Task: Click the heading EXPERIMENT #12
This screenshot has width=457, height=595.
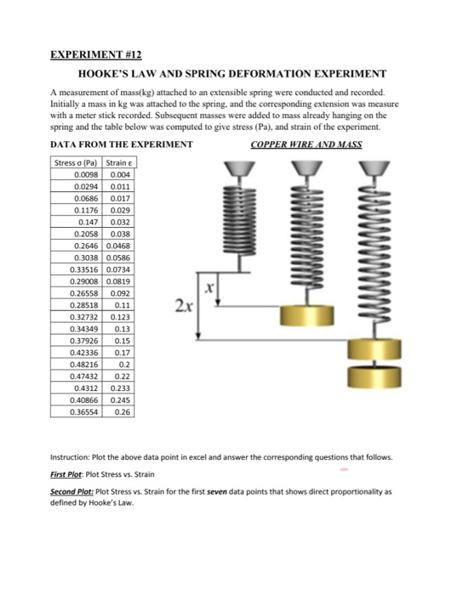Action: (x=95, y=55)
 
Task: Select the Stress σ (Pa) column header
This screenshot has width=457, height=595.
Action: (x=76, y=163)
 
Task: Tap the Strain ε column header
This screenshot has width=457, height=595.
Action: (x=119, y=163)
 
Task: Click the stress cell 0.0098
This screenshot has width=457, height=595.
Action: (x=86, y=175)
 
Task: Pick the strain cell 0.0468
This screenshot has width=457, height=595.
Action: (x=118, y=246)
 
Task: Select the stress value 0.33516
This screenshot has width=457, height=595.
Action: (x=84, y=269)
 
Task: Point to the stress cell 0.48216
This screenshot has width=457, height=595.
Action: (x=84, y=365)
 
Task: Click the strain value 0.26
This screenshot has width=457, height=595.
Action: (x=122, y=412)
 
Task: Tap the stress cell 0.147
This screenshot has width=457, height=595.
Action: (x=89, y=223)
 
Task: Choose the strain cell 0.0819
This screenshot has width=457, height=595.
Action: (x=118, y=281)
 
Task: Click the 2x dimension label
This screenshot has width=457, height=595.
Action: (x=184, y=305)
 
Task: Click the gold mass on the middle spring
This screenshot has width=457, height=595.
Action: (x=307, y=315)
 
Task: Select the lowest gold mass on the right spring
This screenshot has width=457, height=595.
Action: (x=374, y=377)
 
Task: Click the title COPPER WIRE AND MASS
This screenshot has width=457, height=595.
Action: (x=306, y=144)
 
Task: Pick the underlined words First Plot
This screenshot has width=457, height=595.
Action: (x=66, y=474)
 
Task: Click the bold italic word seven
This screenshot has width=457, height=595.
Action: (x=217, y=492)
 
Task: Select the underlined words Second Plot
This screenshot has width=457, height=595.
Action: (x=71, y=492)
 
